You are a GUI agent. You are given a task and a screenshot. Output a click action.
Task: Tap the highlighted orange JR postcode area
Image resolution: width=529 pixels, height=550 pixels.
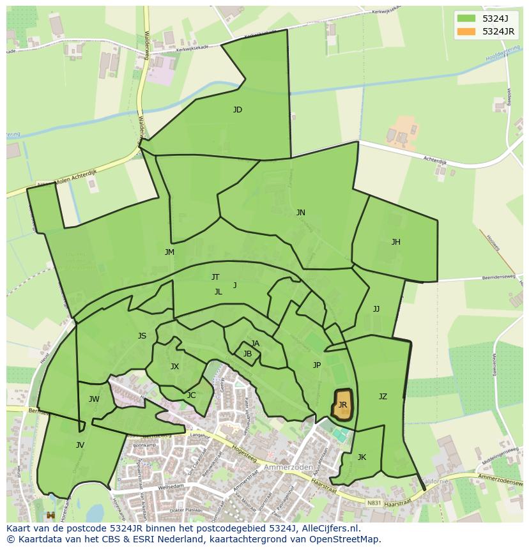[343, 405]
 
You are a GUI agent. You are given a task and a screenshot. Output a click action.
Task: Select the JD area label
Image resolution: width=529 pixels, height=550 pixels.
[238, 110]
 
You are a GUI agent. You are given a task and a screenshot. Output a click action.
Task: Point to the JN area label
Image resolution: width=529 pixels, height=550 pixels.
[300, 213]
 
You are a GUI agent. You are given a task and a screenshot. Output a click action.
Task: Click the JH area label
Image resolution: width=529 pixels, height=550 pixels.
[396, 242]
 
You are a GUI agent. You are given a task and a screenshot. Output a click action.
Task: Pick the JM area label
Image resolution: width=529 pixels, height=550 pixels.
[169, 252]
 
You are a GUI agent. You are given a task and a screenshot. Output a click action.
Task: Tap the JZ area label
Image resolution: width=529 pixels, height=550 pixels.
[383, 397]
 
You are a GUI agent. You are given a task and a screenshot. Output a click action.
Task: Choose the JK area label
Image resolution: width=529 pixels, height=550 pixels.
[362, 457]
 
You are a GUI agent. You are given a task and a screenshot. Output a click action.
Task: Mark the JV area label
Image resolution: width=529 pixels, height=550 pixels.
[80, 445]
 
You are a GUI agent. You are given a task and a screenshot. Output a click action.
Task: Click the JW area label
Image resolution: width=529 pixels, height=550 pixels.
[94, 400]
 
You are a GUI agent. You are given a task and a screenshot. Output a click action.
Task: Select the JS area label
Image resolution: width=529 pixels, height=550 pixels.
[142, 336]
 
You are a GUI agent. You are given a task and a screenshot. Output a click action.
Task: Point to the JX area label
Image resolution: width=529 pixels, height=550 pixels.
[174, 367]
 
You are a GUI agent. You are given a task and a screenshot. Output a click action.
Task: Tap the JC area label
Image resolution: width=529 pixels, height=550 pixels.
[191, 395]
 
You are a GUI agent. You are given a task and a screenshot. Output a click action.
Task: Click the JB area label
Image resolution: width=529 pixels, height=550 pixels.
[247, 354]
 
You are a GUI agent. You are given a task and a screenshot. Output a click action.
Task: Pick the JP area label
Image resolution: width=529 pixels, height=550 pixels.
[317, 365]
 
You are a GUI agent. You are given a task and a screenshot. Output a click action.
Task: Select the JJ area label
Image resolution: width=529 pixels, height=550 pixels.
[376, 309]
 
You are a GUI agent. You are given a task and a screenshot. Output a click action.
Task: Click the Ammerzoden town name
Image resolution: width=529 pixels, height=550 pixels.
[293, 467]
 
